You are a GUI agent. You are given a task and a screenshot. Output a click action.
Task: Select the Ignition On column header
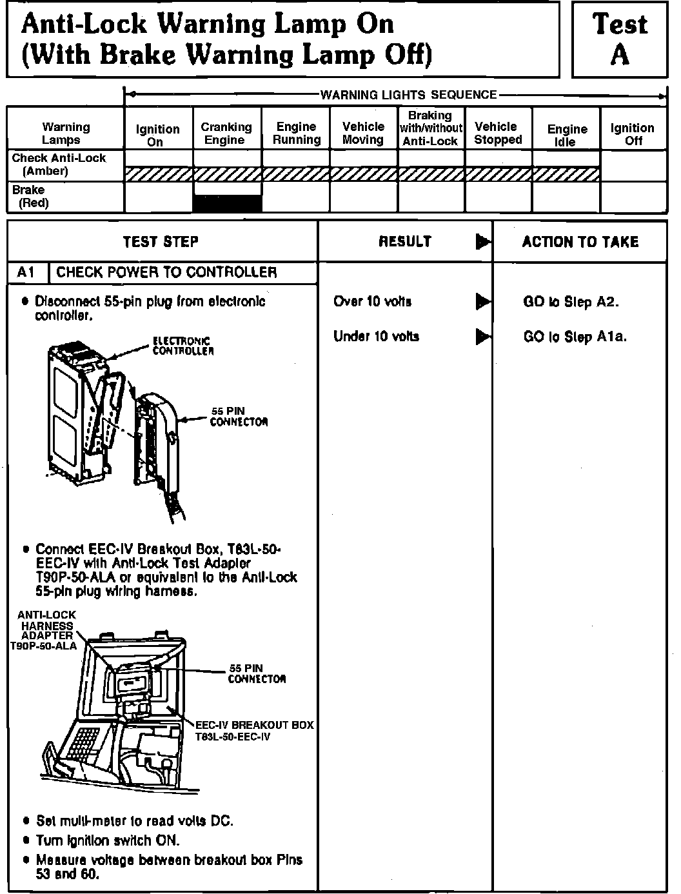[x=157, y=135]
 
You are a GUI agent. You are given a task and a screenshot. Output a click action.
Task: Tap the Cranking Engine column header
[x=226, y=134]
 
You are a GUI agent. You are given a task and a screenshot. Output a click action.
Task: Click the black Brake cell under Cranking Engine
[x=228, y=203]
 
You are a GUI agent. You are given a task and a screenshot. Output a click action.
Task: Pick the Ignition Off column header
[x=632, y=134]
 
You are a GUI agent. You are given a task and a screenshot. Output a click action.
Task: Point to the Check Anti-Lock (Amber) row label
[x=59, y=164]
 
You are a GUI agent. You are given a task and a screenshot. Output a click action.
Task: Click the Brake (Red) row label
[x=30, y=196]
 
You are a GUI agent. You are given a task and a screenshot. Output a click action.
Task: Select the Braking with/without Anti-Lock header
[x=430, y=128]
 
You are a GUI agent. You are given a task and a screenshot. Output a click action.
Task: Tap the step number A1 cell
[x=26, y=272]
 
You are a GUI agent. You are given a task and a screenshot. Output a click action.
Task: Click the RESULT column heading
[x=405, y=242]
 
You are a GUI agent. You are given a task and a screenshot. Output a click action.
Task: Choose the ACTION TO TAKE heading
[x=580, y=242]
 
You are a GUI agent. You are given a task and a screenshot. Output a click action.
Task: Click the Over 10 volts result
[x=372, y=301]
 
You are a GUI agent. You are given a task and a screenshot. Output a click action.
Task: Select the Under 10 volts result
[x=376, y=336]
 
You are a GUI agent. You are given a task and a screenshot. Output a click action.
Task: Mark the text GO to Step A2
[x=571, y=302]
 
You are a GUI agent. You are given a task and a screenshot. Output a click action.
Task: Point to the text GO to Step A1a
[x=575, y=337]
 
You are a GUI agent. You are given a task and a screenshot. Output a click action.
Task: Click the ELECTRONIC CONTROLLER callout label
[x=183, y=346]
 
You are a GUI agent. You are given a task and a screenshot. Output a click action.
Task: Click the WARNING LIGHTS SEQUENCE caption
[x=409, y=95]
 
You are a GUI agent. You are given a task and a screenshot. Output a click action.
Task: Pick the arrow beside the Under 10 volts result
[x=482, y=336]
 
